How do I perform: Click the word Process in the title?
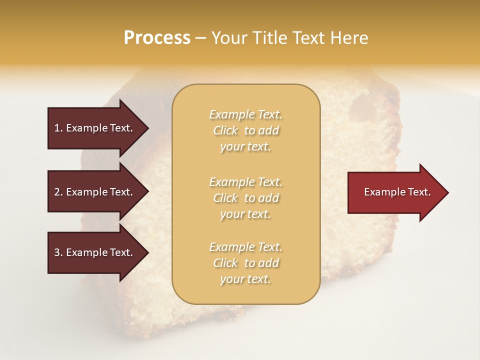pos(157,38)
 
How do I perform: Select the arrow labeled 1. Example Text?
pos(95,128)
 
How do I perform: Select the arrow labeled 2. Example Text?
pos(95,192)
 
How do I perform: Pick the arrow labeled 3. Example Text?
pos(95,252)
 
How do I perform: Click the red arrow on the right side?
pos(395,192)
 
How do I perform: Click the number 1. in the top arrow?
pos(58,128)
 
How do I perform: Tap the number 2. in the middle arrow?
pos(58,192)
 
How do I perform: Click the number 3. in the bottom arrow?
pos(58,252)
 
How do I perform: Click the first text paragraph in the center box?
pos(245,130)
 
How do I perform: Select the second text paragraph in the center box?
pos(245,198)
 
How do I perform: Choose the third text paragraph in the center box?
pos(245,263)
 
